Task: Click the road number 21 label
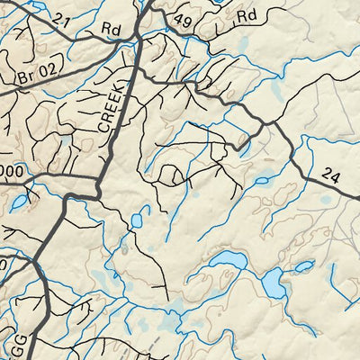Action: [60, 20]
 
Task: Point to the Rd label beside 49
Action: [248, 15]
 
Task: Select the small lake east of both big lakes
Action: [304, 266]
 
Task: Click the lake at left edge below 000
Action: [18, 202]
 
